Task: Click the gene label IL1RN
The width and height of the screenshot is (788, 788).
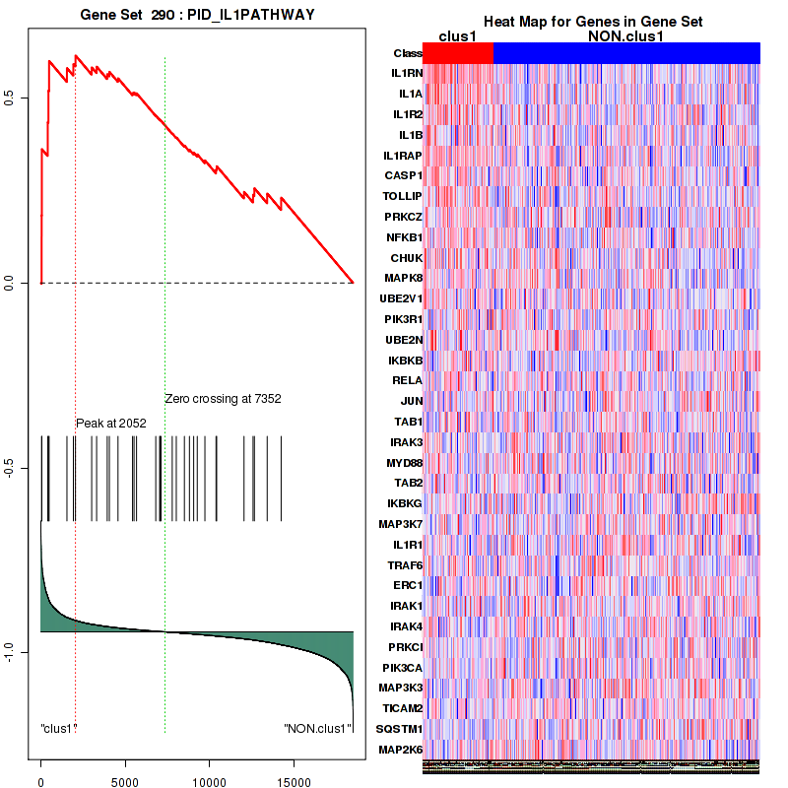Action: pos(406,74)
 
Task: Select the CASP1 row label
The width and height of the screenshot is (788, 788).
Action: pos(404,175)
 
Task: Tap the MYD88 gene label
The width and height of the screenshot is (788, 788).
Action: pos(404,462)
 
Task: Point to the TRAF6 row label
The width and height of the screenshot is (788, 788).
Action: pos(404,564)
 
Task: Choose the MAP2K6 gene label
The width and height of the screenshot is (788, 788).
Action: pos(401,750)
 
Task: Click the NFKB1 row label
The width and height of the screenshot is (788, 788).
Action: pos(404,237)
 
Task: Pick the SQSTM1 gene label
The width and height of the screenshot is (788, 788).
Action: pos(401,729)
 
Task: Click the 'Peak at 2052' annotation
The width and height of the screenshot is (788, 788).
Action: pos(111,423)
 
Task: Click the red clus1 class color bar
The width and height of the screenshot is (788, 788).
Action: pos(458,53)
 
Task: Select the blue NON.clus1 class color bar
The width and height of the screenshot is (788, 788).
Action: pos(626,53)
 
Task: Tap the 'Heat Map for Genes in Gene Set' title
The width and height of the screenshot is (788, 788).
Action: pos(592,23)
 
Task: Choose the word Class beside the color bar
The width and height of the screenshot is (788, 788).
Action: pos(407,53)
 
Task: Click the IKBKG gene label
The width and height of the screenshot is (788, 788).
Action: pos(405,503)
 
